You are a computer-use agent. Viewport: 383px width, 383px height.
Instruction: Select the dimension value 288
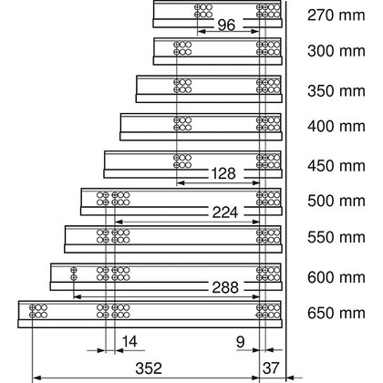[x=223, y=286]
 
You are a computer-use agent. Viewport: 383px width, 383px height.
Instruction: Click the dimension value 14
[x=130, y=342]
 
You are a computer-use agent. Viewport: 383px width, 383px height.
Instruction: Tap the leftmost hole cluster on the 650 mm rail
[x=38, y=311]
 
